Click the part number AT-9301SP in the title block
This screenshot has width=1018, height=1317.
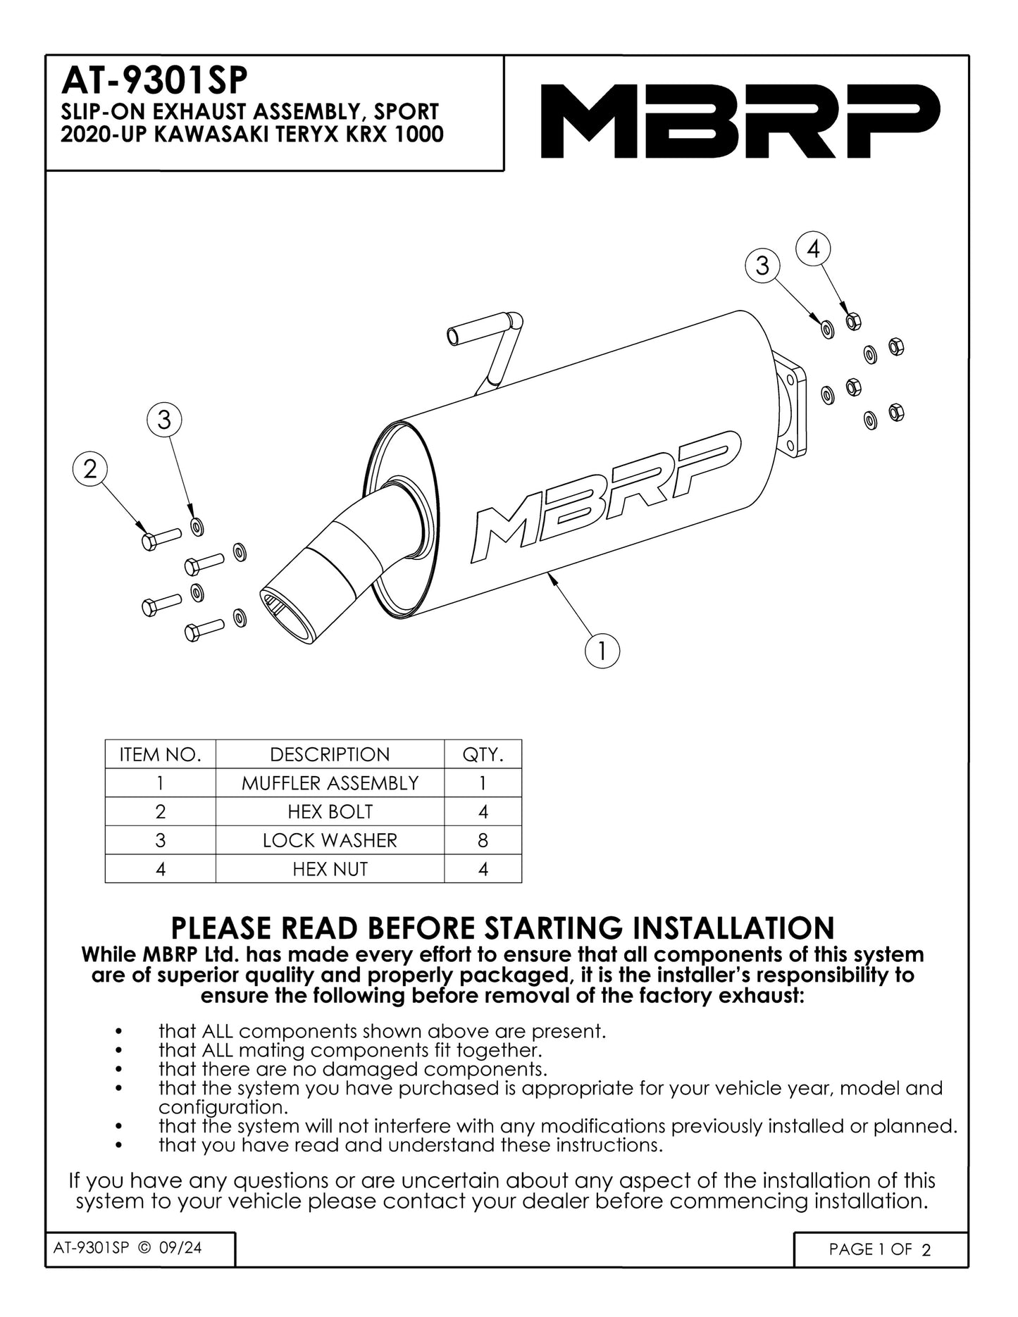click(154, 81)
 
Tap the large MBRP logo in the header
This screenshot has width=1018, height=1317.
click(740, 120)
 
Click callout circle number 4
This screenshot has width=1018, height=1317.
click(813, 249)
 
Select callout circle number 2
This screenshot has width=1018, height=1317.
click(90, 469)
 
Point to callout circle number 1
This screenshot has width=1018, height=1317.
click(602, 651)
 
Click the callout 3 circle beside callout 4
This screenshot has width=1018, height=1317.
click(762, 266)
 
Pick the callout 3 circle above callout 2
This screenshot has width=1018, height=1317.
click(163, 420)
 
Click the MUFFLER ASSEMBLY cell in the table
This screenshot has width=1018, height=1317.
click(330, 783)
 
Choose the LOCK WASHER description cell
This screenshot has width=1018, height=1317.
click(330, 840)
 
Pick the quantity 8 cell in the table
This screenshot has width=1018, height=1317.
click(483, 840)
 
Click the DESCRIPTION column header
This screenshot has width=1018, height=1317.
click(330, 754)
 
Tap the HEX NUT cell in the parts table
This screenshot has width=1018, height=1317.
click(330, 869)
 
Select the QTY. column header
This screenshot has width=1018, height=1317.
click(483, 754)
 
